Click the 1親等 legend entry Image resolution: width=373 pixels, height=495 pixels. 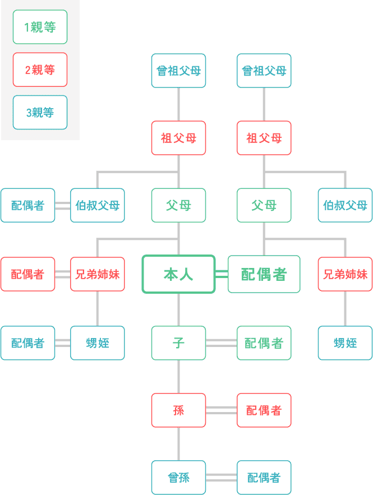(x=40, y=27)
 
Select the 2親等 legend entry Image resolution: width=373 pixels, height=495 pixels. (x=40, y=70)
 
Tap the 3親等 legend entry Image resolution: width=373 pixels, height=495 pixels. (x=40, y=112)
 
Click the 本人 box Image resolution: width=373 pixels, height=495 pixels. (x=178, y=274)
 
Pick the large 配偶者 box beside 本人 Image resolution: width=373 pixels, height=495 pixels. (x=264, y=274)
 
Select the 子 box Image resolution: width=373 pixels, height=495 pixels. (x=178, y=343)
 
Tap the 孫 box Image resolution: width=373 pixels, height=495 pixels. (x=178, y=410)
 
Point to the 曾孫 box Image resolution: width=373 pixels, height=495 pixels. (x=178, y=478)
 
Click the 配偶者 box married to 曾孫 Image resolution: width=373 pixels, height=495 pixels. (x=264, y=478)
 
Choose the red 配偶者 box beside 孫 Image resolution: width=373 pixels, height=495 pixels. (x=264, y=410)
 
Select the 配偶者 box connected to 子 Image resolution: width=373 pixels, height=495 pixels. (x=264, y=343)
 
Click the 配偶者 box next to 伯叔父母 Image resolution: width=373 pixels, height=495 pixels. (x=27, y=205)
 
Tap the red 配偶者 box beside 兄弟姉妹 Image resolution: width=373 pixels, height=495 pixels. (x=27, y=274)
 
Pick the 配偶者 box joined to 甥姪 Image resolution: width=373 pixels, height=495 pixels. (x=27, y=343)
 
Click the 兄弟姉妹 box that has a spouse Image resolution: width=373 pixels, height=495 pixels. (x=98, y=274)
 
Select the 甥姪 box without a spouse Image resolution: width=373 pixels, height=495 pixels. (x=345, y=343)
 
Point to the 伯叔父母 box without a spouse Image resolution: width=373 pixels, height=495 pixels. (x=345, y=205)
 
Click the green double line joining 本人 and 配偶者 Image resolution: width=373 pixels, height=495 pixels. (x=222, y=274)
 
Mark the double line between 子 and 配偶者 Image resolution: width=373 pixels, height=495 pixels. (x=222, y=343)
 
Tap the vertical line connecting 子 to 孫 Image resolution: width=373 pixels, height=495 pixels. (x=178, y=376)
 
